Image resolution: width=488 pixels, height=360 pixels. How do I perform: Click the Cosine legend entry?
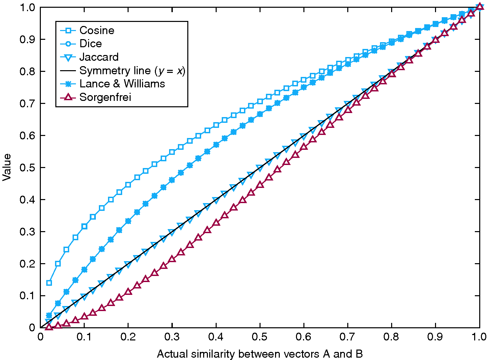click(x=97, y=30)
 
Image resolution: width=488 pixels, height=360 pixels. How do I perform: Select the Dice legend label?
click(x=90, y=44)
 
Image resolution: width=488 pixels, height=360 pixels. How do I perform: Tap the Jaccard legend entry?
click(x=99, y=57)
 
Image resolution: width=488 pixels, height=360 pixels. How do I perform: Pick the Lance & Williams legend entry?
click(x=122, y=84)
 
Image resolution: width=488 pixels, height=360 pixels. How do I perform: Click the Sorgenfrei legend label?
click(x=105, y=97)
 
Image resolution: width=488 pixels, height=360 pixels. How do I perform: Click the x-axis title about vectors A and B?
click(x=260, y=354)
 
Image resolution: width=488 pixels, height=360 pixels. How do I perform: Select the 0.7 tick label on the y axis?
click(x=28, y=104)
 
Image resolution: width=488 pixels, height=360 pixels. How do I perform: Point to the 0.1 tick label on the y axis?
click(x=28, y=296)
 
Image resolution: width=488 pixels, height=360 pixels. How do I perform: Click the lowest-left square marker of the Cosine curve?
click(x=49, y=283)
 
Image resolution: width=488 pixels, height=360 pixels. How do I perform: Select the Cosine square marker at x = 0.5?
click(x=260, y=101)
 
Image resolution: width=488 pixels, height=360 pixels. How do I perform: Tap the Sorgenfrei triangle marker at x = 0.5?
click(x=260, y=185)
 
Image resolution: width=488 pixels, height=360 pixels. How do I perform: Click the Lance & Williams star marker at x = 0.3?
click(x=172, y=180)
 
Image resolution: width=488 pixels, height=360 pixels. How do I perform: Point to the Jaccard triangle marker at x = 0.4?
click(x=216, y=200)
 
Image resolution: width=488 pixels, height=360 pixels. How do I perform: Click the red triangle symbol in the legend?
click(x=68, y=97)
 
